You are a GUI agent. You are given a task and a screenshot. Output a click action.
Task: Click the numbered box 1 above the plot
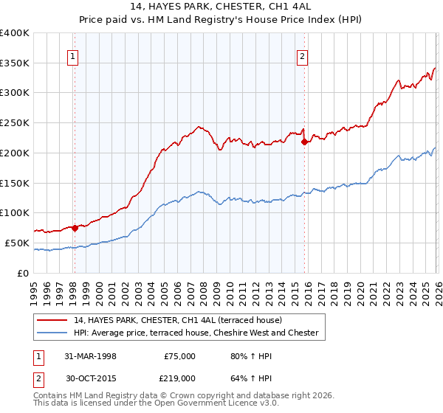pos(74,55)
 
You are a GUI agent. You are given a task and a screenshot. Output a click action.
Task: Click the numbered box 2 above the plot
pos(303,55)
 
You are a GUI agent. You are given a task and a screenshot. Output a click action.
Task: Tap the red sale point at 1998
pos(75,228)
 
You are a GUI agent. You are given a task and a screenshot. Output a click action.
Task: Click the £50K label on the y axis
pos(17,243)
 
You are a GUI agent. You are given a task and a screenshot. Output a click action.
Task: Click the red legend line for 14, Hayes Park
pos(53,320)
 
